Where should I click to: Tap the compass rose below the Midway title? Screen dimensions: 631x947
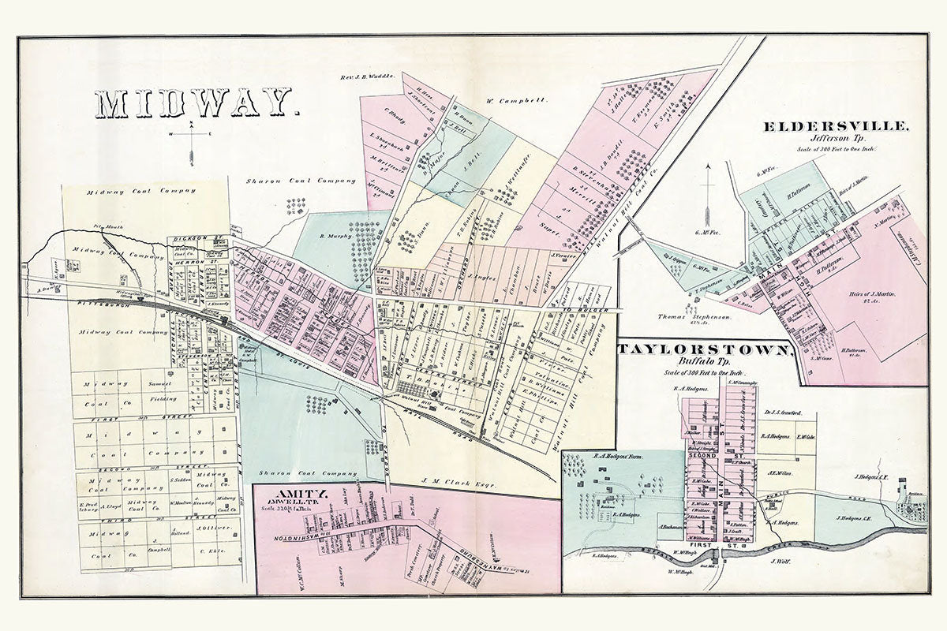tap(192, 142)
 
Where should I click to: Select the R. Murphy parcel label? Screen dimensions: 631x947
tap(335, 235)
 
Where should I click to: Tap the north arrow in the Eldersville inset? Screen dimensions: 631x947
tap(709, 193)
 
